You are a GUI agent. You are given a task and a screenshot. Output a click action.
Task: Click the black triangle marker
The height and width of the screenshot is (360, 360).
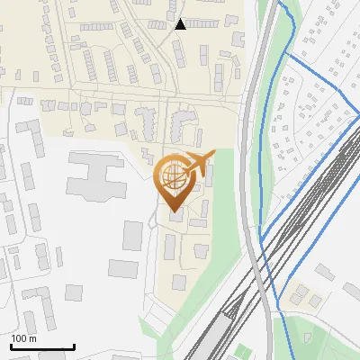tap(181, 24)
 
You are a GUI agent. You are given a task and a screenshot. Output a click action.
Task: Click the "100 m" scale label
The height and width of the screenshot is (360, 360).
tap(24, 338)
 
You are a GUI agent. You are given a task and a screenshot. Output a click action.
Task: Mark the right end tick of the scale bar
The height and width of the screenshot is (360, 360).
tap(73, 346)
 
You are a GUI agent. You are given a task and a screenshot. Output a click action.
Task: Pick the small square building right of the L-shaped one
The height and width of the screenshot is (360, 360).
tap(74, 293)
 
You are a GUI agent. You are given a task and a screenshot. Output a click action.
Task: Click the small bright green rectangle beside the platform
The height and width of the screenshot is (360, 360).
tap(242, 350)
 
